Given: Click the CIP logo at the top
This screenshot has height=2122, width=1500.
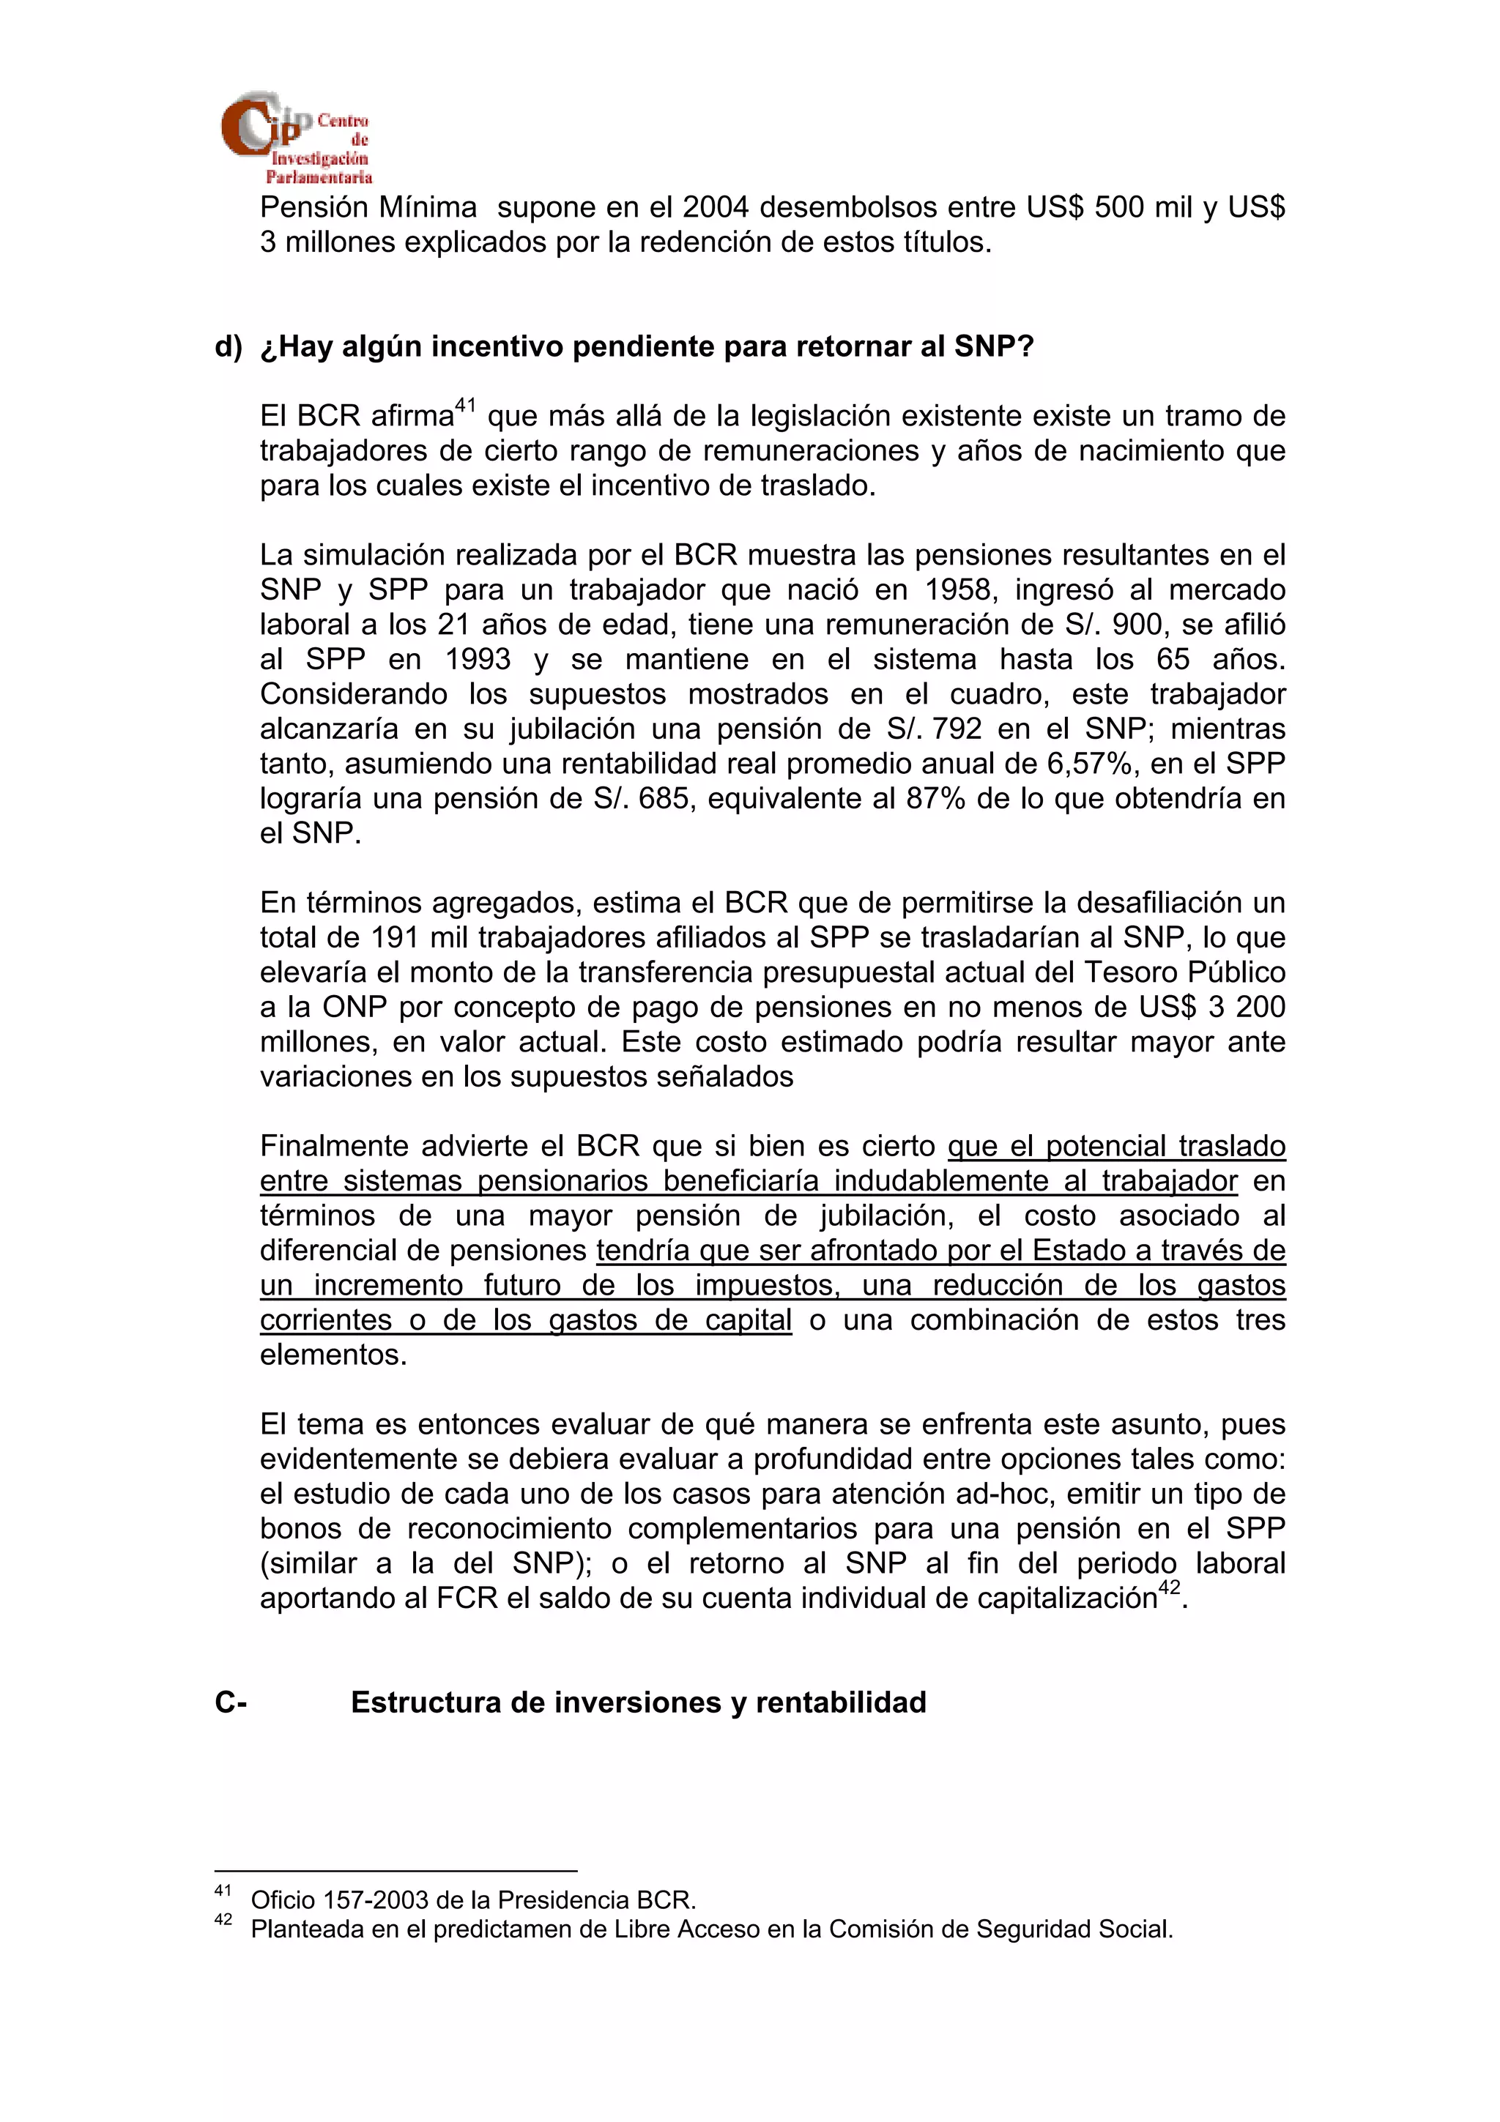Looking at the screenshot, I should (295, 137).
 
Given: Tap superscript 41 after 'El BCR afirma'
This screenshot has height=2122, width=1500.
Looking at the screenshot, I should (465, 405).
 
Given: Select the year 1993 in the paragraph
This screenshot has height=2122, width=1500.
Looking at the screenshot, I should (477, 659).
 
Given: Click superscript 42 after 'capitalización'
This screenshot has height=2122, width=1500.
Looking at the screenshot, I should (1169, 1587).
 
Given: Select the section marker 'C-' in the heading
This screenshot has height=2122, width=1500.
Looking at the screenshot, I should (230, 1702).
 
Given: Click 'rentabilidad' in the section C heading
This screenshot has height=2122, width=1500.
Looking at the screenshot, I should (840, 1702).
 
